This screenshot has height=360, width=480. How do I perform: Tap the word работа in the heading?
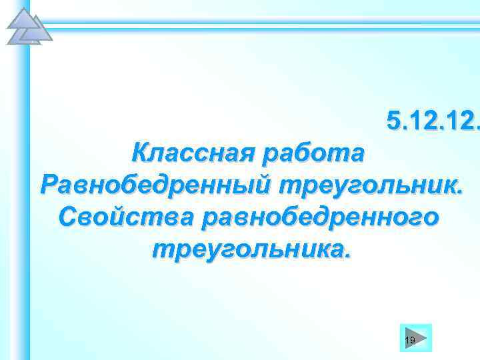[315, 155]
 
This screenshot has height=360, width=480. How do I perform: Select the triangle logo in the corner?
[27, 27]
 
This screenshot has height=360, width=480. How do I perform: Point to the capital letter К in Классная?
[142, 155]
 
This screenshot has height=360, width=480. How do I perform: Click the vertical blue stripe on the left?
[25, 200]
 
